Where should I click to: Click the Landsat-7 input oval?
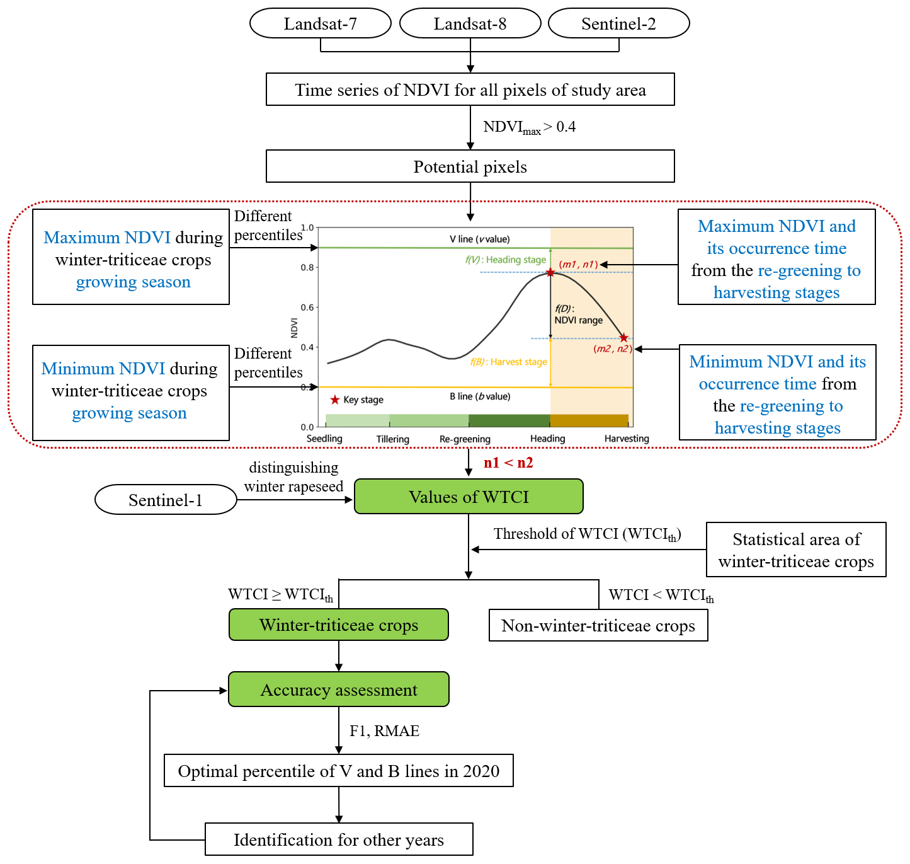pos(321,23)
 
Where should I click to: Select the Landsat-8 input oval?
pos(470,23)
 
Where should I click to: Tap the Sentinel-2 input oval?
pos(619,23)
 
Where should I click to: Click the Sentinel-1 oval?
pos(166,500)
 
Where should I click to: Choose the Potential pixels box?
pos(470,166)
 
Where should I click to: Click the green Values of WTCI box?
pos(469,497)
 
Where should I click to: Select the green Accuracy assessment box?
pos(339,689)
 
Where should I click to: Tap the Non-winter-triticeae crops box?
pos(598,625)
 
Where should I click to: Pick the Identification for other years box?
pos(339,839)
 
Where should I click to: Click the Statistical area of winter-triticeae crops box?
pos(796,550)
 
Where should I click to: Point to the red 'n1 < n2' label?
pos(508,463)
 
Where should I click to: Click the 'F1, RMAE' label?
pos(384,730)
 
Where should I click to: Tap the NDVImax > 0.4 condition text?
pos(529,127)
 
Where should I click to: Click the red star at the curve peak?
pos(550,272)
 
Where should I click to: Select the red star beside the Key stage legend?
pos(335,400)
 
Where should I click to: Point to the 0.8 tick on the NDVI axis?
pos(307,267)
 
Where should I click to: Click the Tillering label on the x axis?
pos(393,439)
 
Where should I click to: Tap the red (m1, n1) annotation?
pos(578,265)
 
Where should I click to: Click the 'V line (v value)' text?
pos(480,239)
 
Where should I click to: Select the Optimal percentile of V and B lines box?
pos(339,771)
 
